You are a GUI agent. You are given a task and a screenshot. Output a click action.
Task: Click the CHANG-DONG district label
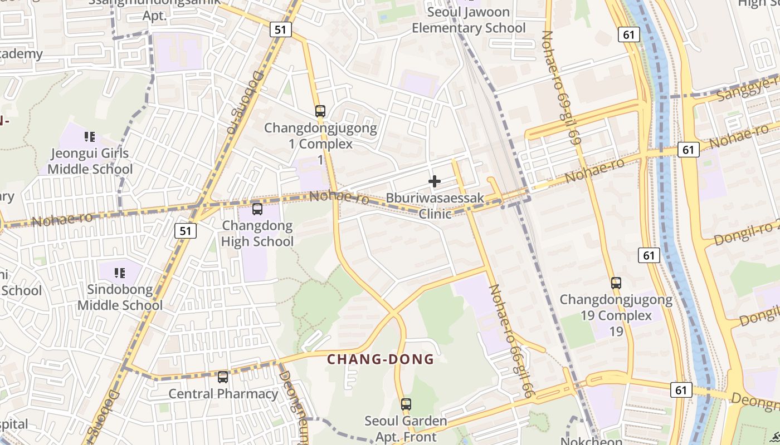coord(380,359)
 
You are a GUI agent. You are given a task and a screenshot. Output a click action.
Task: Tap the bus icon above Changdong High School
coord(257,209)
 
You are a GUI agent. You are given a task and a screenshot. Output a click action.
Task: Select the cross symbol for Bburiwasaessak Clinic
coord(435,181)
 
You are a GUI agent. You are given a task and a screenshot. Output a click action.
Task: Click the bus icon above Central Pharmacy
coord(223,377)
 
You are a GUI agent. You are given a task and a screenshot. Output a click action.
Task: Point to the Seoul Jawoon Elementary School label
coord(469,20)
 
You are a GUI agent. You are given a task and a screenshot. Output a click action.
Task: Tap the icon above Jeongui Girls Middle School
coord(89,136)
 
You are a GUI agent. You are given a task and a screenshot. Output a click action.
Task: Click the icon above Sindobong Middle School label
coord(119,273)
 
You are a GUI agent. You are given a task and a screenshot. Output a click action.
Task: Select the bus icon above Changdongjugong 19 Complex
coord(616,283)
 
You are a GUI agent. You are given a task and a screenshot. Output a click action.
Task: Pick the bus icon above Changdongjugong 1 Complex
coord(320,111)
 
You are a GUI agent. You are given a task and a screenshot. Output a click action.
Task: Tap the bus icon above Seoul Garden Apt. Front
coord(406,404)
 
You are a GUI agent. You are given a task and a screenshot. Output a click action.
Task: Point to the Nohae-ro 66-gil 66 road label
coord(511,341)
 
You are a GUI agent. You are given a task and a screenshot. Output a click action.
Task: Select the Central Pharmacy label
coord(223,394)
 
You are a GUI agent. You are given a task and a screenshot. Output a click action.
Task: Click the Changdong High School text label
coord(257,234)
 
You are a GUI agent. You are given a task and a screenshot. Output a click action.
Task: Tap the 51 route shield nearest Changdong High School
coord(186,231)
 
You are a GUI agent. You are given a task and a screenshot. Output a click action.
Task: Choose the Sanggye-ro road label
coord(747,88)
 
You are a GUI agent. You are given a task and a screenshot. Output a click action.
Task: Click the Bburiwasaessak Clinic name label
coord(435,206)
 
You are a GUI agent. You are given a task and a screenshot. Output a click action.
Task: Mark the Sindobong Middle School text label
coord(120,298)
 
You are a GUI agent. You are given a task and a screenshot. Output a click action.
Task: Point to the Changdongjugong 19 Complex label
coord(616,308)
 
